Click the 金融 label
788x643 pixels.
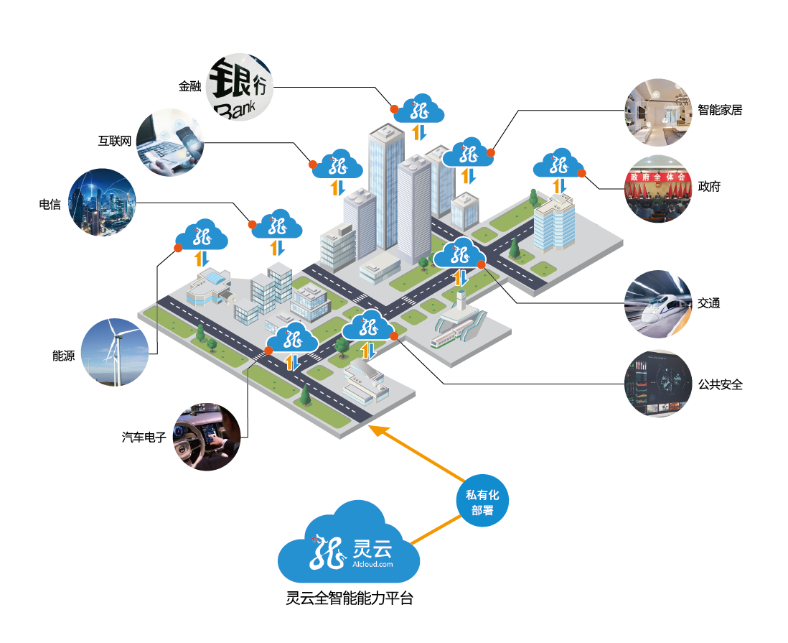click(x=189, y=86)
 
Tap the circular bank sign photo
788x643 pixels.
click(x=240, y=87)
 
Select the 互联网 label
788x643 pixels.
click(x=115, y=141)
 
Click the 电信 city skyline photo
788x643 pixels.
click(x=103, y=203)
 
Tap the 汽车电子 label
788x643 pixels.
click(x=144, y=436)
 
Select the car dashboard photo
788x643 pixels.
click(x=207, y=437)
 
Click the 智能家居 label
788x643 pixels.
click(x=720, y=110)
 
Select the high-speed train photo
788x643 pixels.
click(x=658, y=303)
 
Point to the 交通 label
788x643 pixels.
click(x=708, y=303)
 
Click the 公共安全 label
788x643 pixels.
click(x=720, y=384)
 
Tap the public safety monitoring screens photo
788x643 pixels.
click(x=658, y=384)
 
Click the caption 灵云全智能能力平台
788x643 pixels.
click(x=350, y=598)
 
